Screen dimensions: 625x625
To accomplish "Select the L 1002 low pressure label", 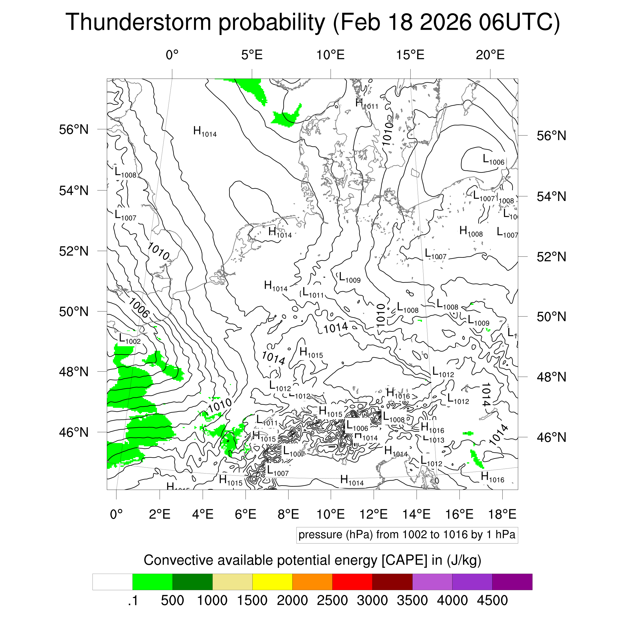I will click(130, 339).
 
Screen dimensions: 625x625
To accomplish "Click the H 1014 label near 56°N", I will click(205, 132).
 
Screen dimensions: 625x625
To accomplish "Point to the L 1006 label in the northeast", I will click(493, 160).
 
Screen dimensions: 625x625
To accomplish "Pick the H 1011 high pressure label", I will click(366, 104).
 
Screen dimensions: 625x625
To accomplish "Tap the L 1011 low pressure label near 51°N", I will click(313, 293).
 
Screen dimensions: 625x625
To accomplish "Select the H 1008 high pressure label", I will click(471, 232).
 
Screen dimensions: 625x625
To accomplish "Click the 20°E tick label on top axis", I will click(490, 55).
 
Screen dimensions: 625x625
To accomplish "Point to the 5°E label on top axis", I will click(252, 55).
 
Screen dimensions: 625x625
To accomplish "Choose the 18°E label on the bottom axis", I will click(502, 514).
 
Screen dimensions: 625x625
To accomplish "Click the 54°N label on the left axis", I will click(74, 190).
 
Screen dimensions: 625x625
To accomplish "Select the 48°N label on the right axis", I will click(551, 377).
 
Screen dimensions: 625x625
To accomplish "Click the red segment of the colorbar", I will click(352, 582).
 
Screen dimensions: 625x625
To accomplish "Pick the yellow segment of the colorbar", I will click(272, 582).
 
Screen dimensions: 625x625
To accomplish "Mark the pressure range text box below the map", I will click(407, 535).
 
